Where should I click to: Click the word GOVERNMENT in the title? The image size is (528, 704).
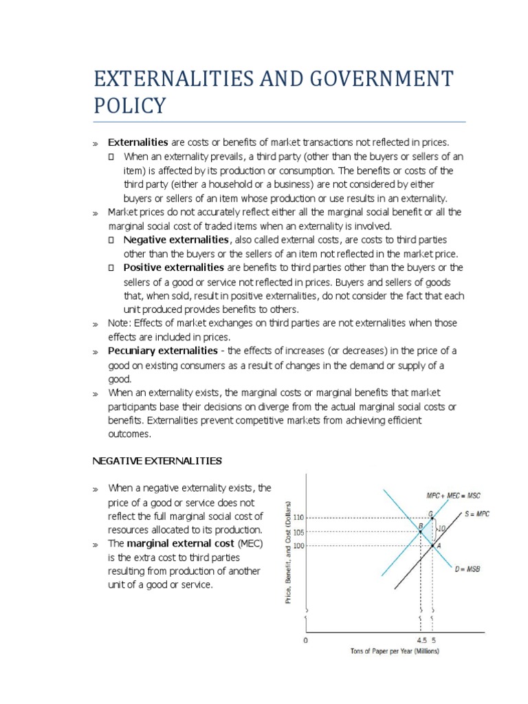coord(350,78)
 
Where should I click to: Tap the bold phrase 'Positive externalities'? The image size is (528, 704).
coord(173,267)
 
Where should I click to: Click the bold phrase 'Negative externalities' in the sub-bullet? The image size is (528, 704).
coord(176,239)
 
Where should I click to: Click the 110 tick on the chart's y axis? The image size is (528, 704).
coord(298,518)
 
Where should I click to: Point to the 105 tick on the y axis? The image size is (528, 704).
coord(298,532)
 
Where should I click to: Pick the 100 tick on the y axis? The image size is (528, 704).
coord(298,546)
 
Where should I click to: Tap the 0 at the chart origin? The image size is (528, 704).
coord(306,639)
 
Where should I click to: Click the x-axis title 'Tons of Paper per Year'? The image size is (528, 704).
coord(395,651)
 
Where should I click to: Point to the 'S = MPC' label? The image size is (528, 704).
coord(477,513)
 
